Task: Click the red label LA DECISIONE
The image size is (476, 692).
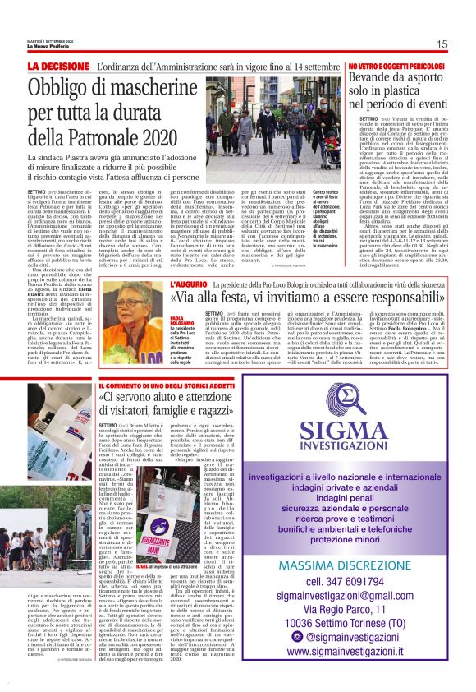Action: [58, 65]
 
